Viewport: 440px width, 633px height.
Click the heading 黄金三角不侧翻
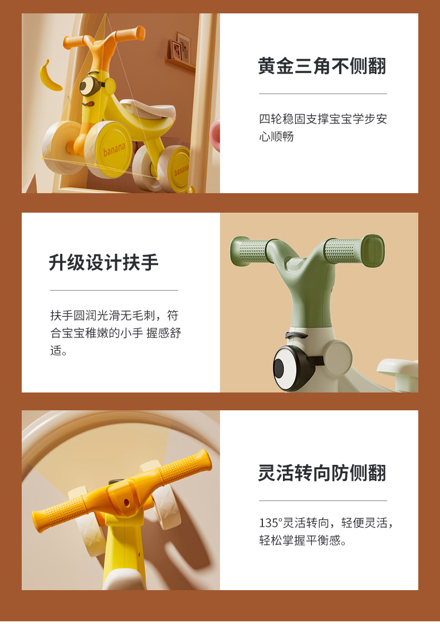(x=322, y=66)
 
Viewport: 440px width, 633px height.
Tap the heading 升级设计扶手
(x=104, y=262)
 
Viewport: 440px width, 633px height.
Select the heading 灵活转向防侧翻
(x=322, y=473)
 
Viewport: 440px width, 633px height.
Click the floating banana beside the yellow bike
(x=50, y=76)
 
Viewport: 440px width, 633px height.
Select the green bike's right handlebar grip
(x=354, y=251)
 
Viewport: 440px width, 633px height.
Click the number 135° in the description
(x=270, y=523)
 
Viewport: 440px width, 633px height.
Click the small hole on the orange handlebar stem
(x=126, y=503)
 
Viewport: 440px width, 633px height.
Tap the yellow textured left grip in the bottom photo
(x=61, y=511)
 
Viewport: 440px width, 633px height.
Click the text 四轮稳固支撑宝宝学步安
(x=323, y=119)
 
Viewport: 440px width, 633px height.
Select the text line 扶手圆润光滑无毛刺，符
(x=114, y=315)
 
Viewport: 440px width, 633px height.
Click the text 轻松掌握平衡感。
(x=303, y=540)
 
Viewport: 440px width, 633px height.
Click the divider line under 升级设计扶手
(x=114, y=290)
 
